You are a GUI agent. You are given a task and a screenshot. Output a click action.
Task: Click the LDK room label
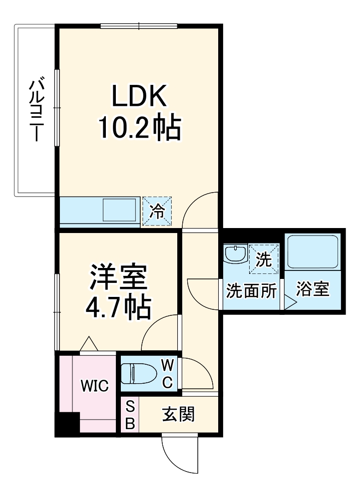[138, 96]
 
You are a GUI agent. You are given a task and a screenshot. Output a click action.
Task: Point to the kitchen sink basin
[120, 210]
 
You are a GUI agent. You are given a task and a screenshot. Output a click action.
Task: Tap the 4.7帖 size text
[118, 308]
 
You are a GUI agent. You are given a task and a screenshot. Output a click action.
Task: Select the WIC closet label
[95, 386]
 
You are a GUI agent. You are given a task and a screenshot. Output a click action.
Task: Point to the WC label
[167, 374]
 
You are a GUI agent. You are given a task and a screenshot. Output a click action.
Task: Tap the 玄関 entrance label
[178, 414]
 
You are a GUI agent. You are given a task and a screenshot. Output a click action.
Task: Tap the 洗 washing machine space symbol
[263, 259]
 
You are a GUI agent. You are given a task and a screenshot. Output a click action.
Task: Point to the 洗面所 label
[251, 290]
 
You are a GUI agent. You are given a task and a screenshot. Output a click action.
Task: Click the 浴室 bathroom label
[313, 290]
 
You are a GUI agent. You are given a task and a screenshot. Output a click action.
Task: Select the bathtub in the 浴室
[313, 252]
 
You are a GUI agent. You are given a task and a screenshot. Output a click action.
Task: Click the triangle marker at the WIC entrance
[88, 344]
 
